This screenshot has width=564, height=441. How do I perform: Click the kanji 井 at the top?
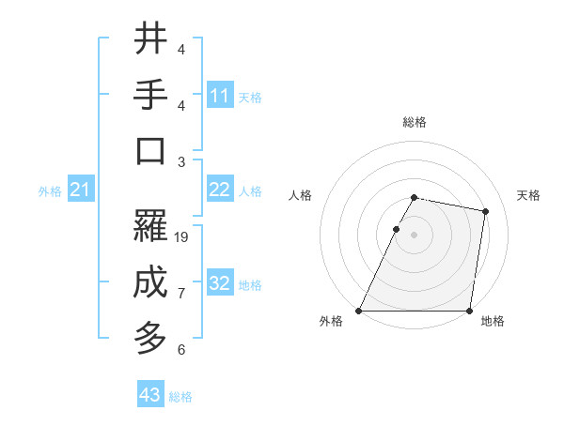150,38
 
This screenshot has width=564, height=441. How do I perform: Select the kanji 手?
150,94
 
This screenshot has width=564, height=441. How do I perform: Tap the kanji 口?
150,151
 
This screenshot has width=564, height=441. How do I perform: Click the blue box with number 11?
220,95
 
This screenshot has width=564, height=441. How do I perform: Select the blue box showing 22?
220,190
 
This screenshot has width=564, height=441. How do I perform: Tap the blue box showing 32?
220,283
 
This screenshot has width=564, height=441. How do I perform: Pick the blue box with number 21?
81,190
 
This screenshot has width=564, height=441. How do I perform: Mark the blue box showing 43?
150,395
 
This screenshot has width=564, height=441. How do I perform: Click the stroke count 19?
182,237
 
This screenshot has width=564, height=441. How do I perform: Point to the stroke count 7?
181,294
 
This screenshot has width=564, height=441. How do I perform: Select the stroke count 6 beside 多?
181,350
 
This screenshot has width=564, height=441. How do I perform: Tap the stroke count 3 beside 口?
181,162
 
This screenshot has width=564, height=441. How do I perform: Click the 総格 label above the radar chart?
415,122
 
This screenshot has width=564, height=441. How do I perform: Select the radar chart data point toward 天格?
485,212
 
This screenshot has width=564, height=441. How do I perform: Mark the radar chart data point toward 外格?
359,311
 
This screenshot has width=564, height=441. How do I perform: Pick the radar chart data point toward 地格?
469,311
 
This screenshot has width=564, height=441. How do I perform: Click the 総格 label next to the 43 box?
180,397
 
